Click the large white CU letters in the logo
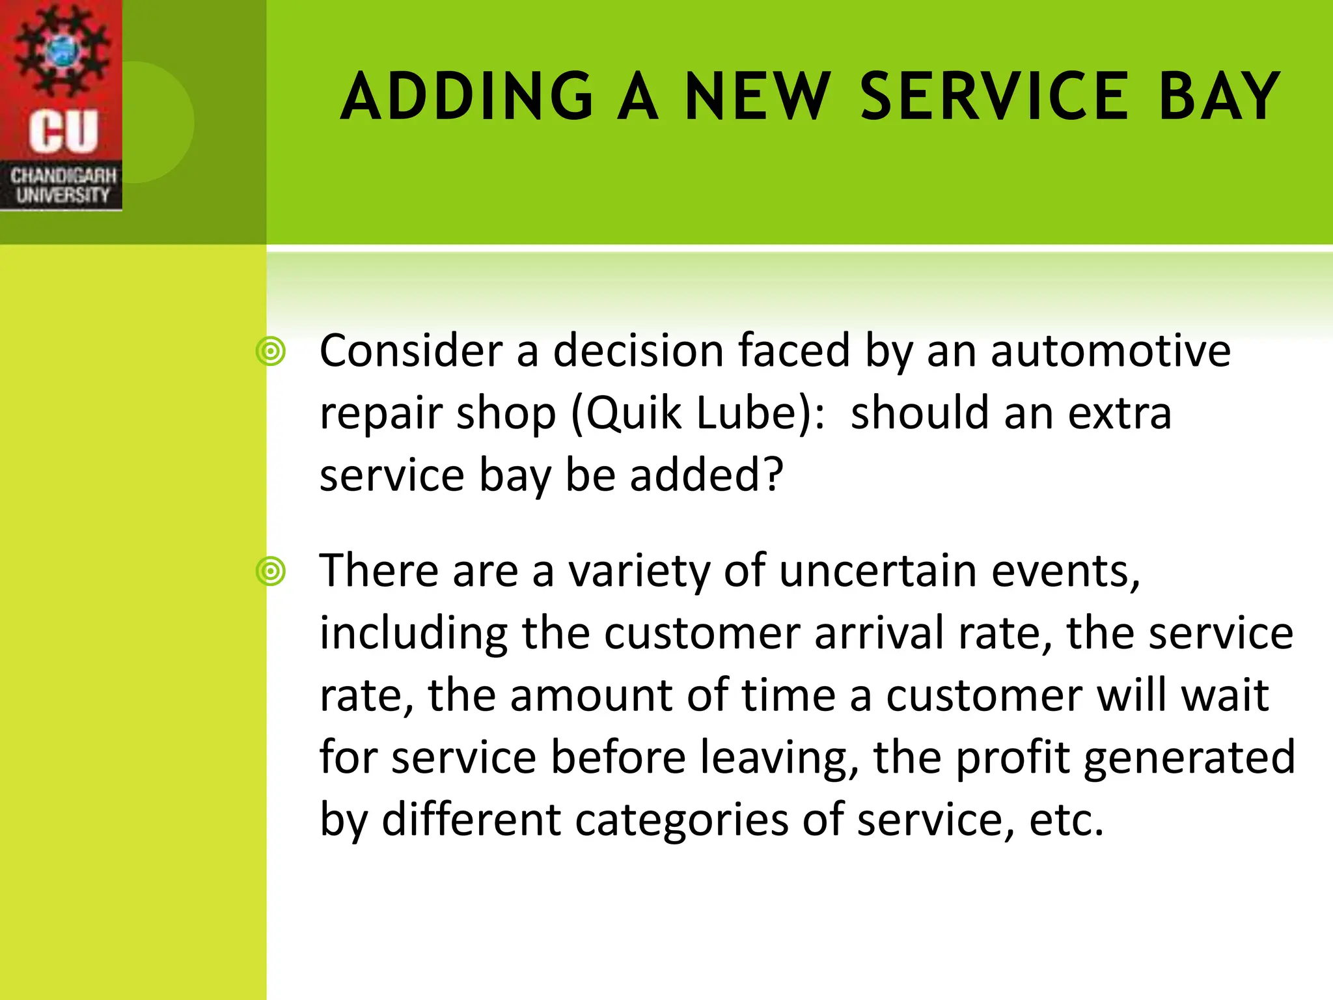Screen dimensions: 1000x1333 coord(63,131)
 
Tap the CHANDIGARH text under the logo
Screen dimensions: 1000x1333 coord(63,175)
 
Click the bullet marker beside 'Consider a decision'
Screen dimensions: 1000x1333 coord(271,352)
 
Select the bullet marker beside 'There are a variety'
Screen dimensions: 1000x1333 coord(271,572)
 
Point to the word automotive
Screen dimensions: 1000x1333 coord(1110,352)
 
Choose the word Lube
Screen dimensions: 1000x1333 coord(745,413)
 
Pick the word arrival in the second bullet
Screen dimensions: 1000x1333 coord(879,633)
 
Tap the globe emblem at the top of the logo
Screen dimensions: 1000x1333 coord(62,49)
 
